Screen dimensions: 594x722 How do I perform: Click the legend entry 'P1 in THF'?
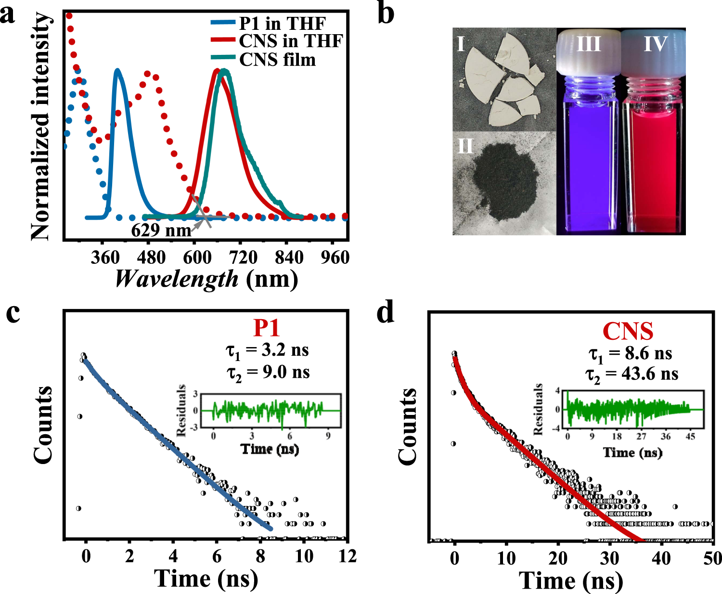(x=282, y=23)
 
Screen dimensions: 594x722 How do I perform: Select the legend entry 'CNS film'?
(x=277, y=60)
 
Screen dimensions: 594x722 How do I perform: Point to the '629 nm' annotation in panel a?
(x=161, y=230)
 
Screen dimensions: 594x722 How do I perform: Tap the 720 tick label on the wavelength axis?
(x=243, y=258)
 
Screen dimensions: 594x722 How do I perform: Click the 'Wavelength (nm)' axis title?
(x=206, y=279)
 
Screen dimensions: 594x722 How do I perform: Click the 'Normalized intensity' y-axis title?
(x=40, y=126)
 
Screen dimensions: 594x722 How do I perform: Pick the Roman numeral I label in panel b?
(x=461, y=44)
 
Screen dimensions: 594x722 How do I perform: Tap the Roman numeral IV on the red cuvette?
(x=656, y=44)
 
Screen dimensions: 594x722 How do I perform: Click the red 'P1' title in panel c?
(x=267, y=328)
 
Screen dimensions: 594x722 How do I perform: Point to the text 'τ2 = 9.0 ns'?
(x=268, y=373)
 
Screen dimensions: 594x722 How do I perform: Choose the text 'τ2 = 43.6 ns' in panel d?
(x=632, y=374)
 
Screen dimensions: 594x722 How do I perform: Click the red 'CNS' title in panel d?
(x=628, y=331)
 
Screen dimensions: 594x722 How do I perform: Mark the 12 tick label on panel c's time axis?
(x=347, y=556)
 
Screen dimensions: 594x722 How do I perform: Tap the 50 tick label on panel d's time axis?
(x=712, y=558)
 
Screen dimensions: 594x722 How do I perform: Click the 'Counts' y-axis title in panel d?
(x=408, y=426)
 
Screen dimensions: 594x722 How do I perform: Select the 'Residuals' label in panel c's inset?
(x=181, y=410)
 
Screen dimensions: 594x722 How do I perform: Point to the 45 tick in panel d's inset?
(x=690, y=436)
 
